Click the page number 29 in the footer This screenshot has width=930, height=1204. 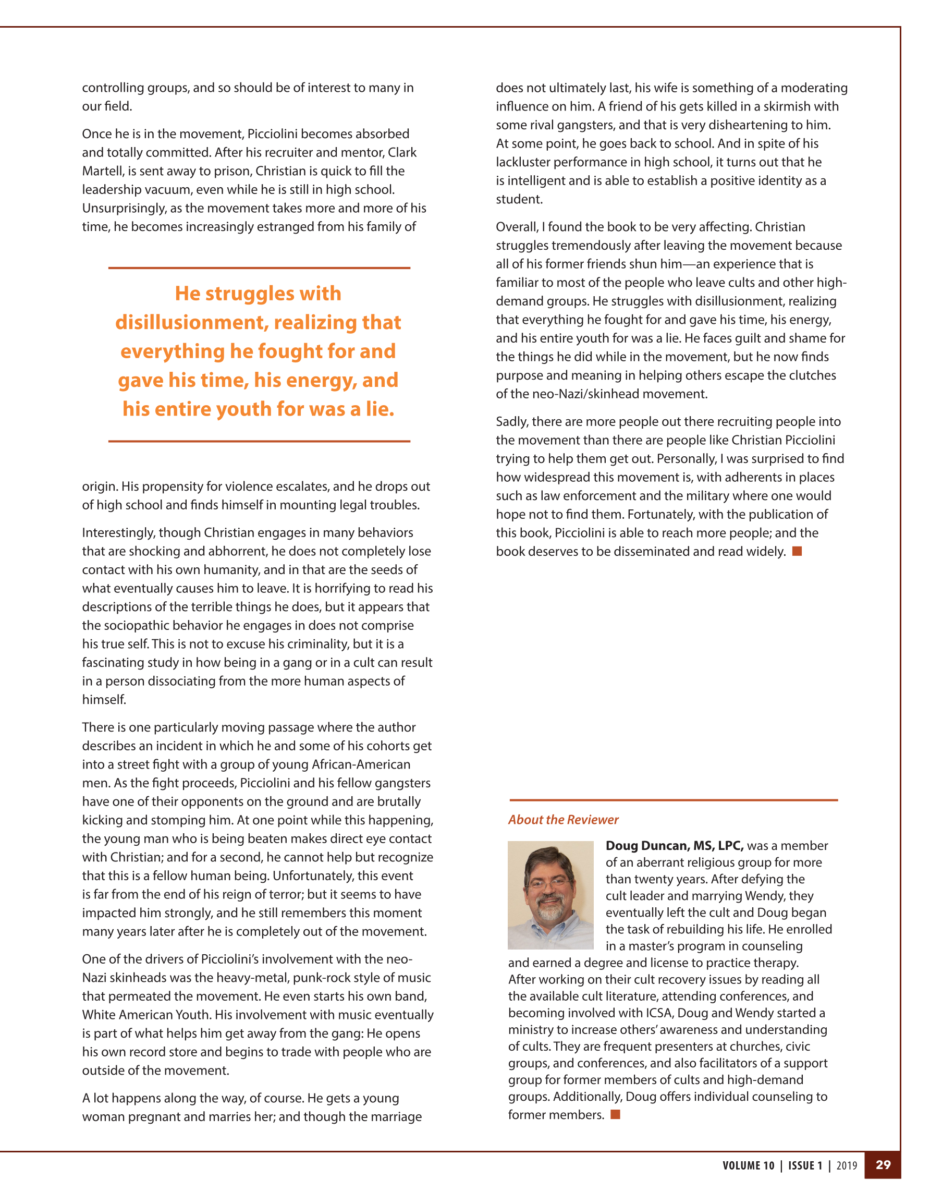click(883, 1165)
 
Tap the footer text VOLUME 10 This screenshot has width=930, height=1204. click(748, 1165)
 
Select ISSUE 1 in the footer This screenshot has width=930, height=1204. click(805, 1165)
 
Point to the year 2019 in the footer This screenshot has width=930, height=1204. click(847, 1165)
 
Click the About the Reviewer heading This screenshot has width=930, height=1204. click(563, 820)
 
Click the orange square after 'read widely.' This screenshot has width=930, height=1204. click(797, 551)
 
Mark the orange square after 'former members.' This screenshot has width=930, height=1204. click(615, 1115)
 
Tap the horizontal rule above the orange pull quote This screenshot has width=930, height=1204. click(259, 268)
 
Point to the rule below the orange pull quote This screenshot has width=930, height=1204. click(259, 441)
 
